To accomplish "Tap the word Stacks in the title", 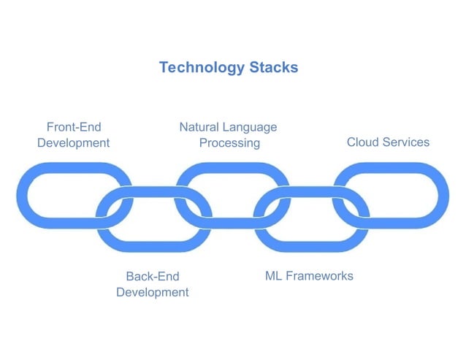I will tap(273, 68).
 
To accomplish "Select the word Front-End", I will tap(73, 127).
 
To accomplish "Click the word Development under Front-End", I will tap(73, 143).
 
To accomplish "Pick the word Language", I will tap(251, 128).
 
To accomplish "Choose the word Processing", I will tap(229, 143).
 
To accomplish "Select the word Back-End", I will tap(152, 277).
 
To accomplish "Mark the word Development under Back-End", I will tap(152, 292).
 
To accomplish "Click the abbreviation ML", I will tap(273, 276).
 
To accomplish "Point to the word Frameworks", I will tap(319, 276).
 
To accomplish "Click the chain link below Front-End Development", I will tap(29, 196).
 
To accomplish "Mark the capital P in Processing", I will tap(203, 143).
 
